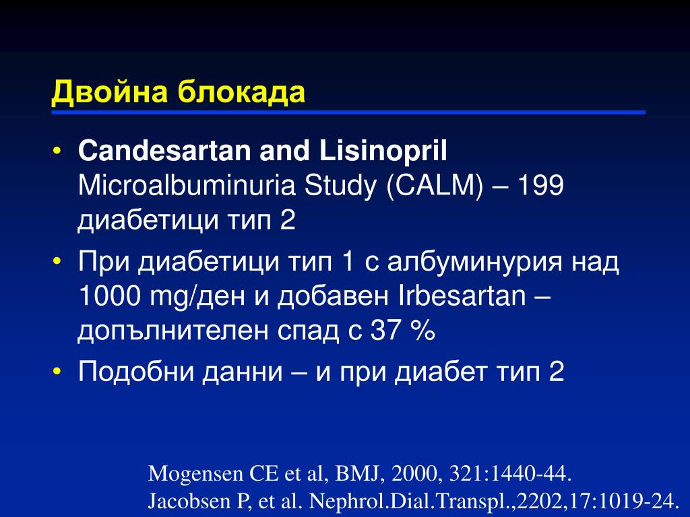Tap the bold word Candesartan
coord(164,150)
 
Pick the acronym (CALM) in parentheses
coord(435,185)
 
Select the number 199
coord(540,185)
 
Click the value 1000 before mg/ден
coord(110,296)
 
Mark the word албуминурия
coord(475,263)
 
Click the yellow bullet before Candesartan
coord(57,151)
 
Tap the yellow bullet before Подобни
coord(57,372)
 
